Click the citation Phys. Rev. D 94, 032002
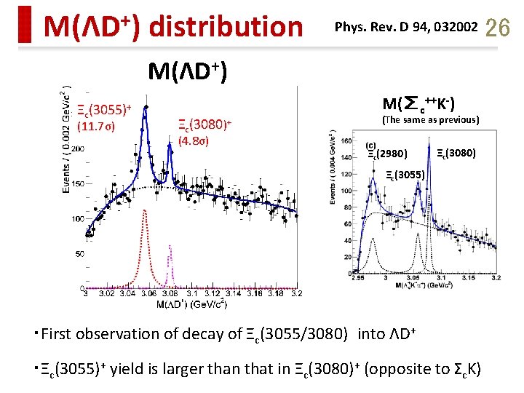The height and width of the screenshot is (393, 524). (x=405, y=28)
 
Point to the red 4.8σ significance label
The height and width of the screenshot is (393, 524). (x=194, y=140)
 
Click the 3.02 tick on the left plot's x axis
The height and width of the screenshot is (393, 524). (x=106, y=294)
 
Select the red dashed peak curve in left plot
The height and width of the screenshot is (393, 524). (x=146, y=240)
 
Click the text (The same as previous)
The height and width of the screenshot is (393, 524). (x=430, y=119)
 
